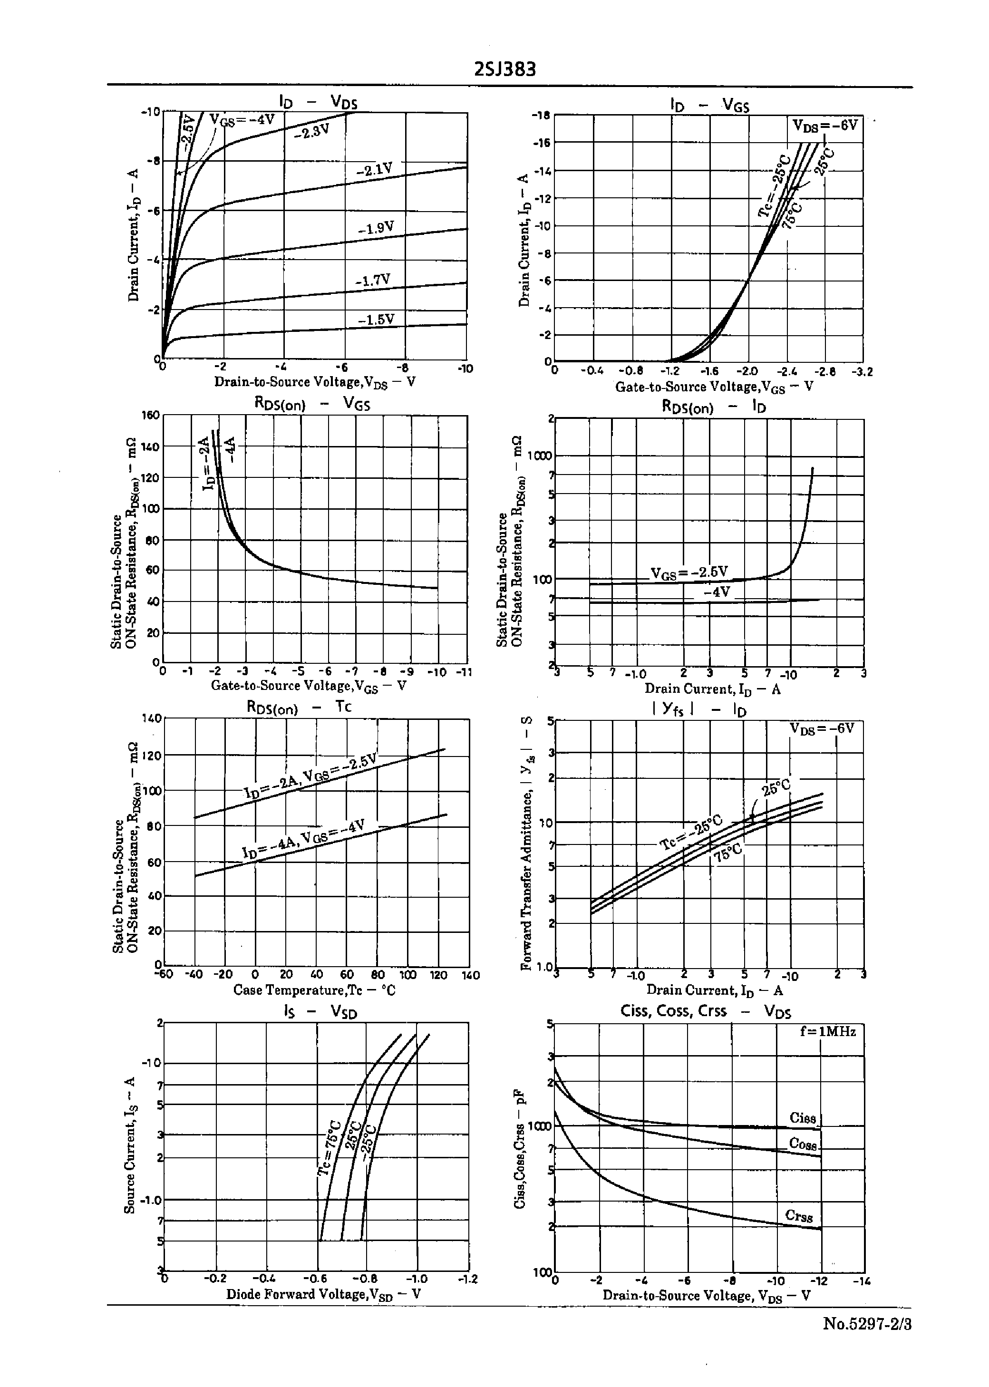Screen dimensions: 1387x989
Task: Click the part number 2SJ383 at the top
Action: [x=505, y=69]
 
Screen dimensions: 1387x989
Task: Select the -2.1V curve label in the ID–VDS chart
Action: [x=374, y=169]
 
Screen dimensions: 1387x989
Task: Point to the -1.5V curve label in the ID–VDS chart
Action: [x=376, y=319]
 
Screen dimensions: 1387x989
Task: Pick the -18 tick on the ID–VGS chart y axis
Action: [x=541, y=115]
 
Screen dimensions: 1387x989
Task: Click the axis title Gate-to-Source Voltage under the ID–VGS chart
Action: [x=714, y=387]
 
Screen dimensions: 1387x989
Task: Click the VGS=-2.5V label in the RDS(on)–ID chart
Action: [x=689, y=572]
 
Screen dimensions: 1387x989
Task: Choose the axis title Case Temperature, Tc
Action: [x=314, y=990]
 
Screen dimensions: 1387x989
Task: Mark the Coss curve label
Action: [x=803, y=1144]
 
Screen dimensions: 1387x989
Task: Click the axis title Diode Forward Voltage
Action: [x=323, y=1294]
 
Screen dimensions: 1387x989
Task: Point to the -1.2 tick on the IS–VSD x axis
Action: [x=468, y=1279]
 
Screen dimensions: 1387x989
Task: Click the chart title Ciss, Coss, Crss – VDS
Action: [x=705, y=1011]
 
